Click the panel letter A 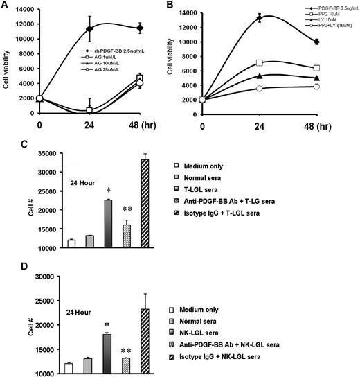tap(6, 6)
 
